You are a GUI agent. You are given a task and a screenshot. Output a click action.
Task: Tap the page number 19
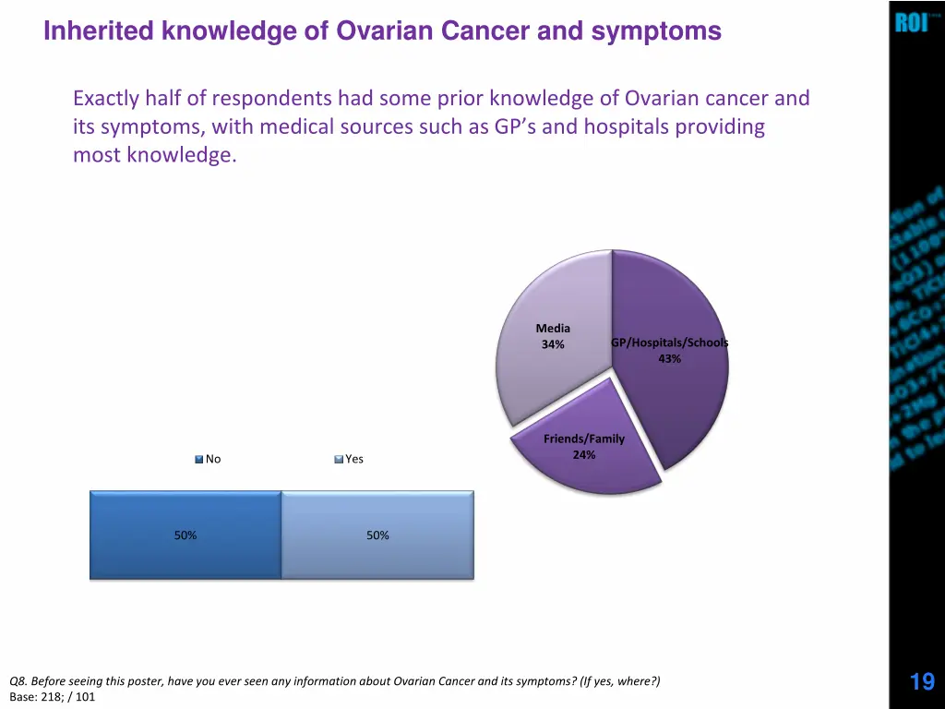pos(921,682)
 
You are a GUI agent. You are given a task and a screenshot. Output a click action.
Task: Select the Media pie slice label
pos(553,329)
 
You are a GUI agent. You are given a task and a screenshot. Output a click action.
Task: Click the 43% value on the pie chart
pos(670,359)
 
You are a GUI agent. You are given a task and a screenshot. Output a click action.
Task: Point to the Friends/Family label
pos(583,439)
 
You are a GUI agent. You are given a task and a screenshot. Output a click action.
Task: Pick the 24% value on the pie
pos(583,455)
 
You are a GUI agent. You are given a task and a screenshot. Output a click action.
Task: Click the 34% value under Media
pos(553,345)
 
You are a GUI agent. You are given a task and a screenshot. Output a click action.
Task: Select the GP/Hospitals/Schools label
pos(669,343)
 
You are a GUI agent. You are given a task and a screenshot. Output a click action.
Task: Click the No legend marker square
pos(199,459)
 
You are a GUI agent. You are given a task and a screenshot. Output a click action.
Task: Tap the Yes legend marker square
pos(339,459)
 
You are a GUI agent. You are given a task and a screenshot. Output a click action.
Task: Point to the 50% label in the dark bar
pos(185,535)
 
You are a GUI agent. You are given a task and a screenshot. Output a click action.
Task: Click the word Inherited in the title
pos(99,31)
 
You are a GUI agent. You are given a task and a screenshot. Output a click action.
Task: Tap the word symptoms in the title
pos(656,31)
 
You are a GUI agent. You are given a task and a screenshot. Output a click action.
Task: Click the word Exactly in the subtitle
pos(106,98)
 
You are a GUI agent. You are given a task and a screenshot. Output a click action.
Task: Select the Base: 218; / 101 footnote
pos(52,697)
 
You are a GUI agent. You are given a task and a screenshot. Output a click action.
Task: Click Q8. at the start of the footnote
pos(18,682)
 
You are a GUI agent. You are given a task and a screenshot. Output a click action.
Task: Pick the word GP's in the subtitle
pos(516,127)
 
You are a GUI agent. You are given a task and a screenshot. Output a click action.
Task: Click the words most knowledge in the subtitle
pos(154,156)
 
